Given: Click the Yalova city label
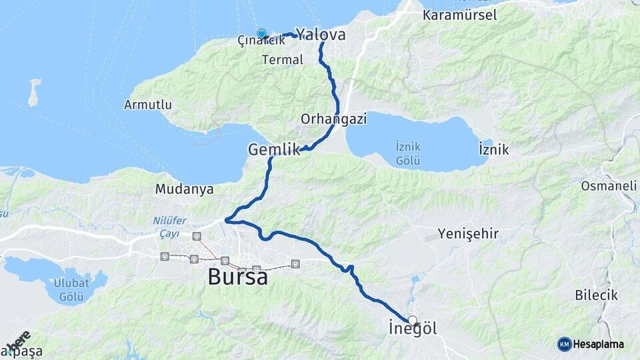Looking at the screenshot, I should [321, 34].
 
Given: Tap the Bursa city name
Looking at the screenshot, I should [238, 276].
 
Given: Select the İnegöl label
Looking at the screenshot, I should [413, 329].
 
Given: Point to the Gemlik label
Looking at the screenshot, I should [274, 150].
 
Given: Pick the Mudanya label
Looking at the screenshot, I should [185, 189].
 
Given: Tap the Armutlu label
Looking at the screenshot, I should [148, 105].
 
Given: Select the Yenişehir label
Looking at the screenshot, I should [468, 233].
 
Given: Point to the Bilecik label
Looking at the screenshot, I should [596, 295].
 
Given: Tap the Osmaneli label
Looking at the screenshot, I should [609, 186].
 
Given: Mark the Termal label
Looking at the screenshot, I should [283, 59].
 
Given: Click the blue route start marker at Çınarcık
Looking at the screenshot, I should [261, 33].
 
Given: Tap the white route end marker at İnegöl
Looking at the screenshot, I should [413, 320].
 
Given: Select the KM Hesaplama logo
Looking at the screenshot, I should [591, 344].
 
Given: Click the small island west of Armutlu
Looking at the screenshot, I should [33, 93].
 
